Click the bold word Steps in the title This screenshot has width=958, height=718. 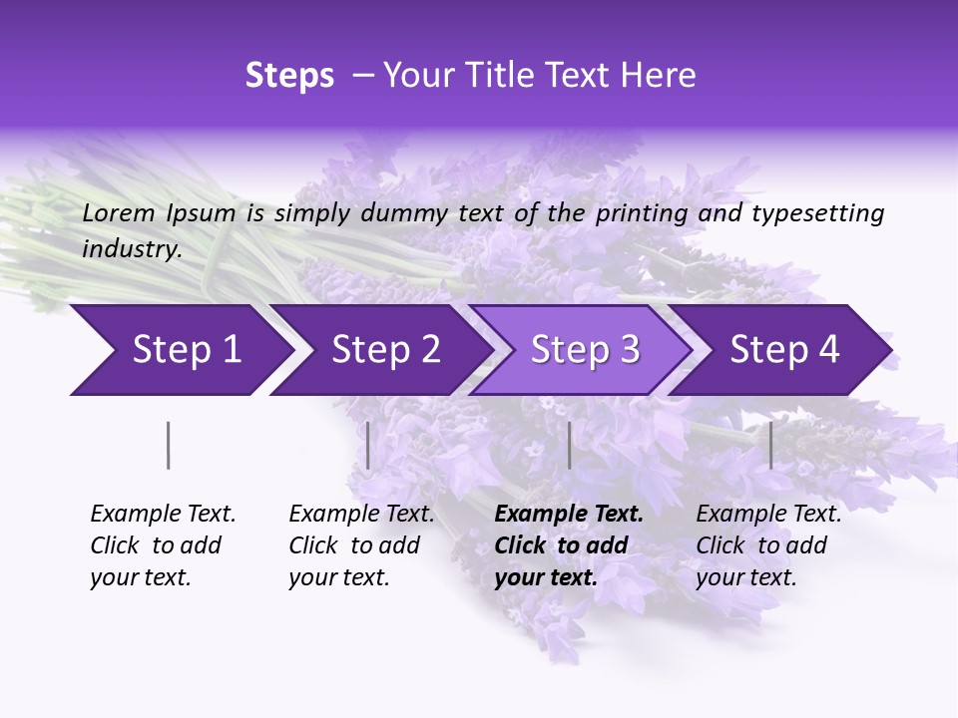pyautogui.click(x=289, y=76)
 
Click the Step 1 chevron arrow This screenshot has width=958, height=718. pyautogui.click(x=180, y=350)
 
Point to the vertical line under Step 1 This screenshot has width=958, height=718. pyautogui.click(x=168, y=445)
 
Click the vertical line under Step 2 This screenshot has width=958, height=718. pyautogui.click(x=368, y=445)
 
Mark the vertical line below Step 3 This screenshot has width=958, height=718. pyautogui.click(x=569, y=445)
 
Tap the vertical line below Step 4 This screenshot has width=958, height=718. pyautogui.click(x=770, y=445)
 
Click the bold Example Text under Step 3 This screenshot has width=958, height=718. pyautogui.click(x=569, y=545)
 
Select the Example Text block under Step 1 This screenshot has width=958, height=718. pyautogui.click(x=163, y=545)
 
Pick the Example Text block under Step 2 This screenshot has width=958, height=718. pyautogui.click(x=361, y=545)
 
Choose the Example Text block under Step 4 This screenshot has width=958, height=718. pyautogui.click(x=768, y=545)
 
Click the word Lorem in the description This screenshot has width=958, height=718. pyautogui.click(x=119, y=213)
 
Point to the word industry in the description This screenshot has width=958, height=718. pyautogui.click(x=132, y=249)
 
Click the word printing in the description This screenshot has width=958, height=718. pyautogui.click(x=639, y=213)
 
